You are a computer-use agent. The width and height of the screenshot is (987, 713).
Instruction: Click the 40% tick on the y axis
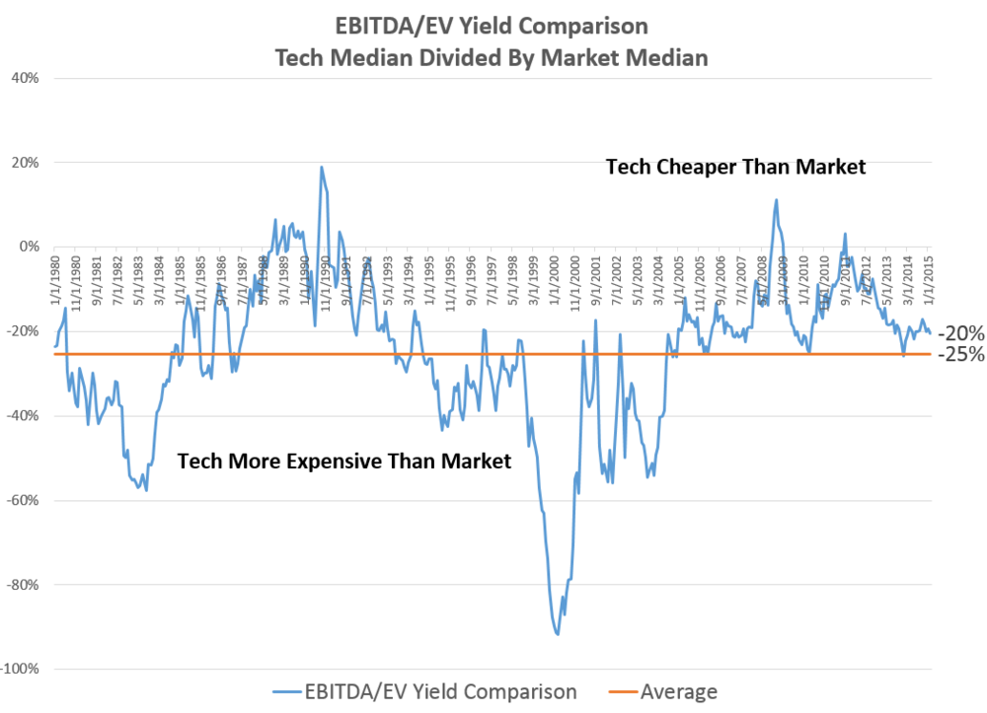click(23, 78)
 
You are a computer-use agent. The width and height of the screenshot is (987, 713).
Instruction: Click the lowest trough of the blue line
click(558, 634)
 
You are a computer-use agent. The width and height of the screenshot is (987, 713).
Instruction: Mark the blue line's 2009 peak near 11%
click(777, 200)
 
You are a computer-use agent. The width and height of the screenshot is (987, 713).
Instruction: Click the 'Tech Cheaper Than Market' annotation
click(735, 168)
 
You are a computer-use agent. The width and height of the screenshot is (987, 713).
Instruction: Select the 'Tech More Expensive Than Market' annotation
click(344, 461)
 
